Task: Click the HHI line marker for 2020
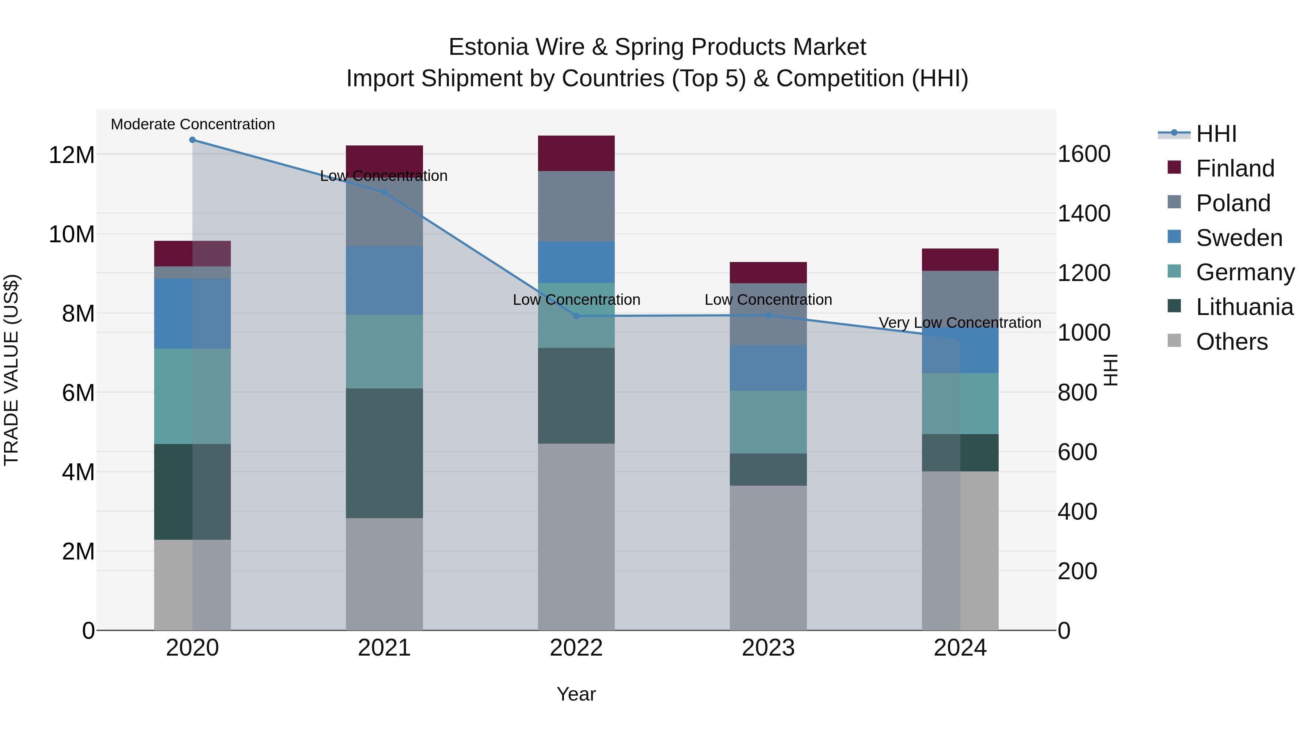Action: point(193,140)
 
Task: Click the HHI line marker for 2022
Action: point(576,316)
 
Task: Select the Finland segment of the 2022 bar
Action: point(576,153)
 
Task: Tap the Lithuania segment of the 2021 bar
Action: point(384,453)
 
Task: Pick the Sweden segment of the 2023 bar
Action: point(768,368)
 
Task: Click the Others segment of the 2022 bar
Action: point(576,536)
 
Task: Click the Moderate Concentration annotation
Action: point(193,125)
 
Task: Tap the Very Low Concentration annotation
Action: point(960,323)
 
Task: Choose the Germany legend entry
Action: point(1245,273)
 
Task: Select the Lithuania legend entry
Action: point(1244,307)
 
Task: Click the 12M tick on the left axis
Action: point(72,155)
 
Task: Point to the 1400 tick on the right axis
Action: point(1084,213)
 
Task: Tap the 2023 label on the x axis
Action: point(768,648)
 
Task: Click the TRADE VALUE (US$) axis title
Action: point(11,370)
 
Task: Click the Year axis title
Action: point(576,694)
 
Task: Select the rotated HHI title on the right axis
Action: point(1111,370)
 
